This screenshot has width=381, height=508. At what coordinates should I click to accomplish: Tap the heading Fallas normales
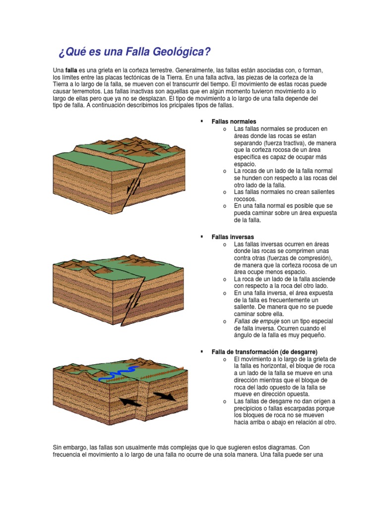234,122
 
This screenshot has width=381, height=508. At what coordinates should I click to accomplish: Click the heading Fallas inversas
233,237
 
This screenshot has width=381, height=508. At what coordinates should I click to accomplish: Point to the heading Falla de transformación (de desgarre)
264,352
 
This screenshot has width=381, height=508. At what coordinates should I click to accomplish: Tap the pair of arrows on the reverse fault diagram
133,301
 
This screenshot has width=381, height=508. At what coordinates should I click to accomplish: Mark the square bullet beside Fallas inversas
201,237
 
